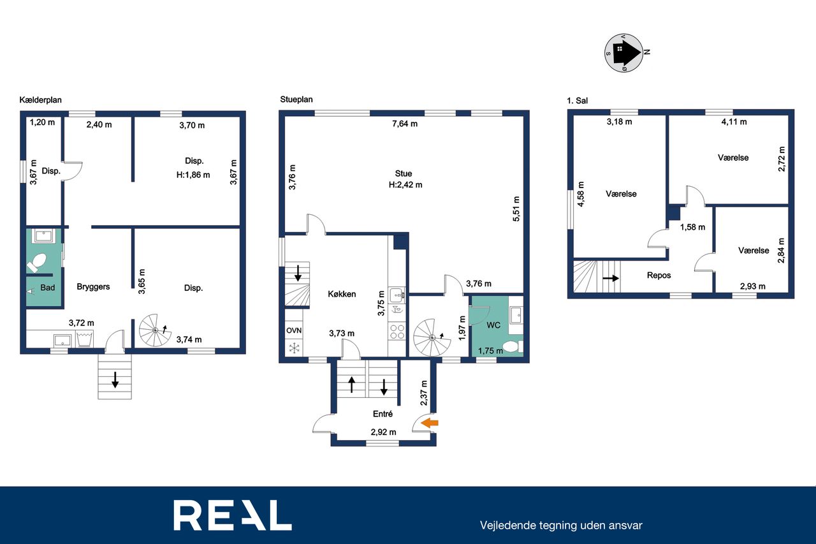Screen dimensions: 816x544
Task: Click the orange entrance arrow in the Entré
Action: pos(430,423)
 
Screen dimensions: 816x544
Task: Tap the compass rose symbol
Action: pos(623,53)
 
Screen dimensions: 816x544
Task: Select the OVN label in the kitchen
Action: pos(294,330)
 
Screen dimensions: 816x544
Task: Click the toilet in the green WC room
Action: pos(513,346)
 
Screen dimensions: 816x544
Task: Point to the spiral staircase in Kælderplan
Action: pos(155,330)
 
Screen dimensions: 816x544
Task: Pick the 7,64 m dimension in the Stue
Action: pos(405,124)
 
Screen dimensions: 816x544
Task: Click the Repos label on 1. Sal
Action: pos(659,276)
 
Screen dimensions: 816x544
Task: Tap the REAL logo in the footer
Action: pos(233,515)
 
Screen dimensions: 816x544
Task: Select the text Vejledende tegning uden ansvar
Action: pos(561,526)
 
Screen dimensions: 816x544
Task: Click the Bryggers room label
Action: pos(93,287)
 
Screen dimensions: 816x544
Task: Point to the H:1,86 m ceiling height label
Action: pos(193,175)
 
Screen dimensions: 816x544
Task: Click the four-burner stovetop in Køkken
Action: pos(397,332)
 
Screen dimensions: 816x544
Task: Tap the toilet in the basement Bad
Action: pos(36,263)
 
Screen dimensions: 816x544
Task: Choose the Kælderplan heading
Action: pos(40,100)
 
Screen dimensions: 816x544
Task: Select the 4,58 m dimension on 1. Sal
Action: pos(581,195)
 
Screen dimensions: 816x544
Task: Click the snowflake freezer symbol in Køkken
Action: pos(294,348)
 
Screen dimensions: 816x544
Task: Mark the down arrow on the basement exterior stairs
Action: pos(115,379)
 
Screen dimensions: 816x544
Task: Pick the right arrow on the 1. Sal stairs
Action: pos(611,278)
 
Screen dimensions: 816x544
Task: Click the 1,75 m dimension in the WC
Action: pos(490,351)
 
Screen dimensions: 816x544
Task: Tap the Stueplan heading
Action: pos(296,99)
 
